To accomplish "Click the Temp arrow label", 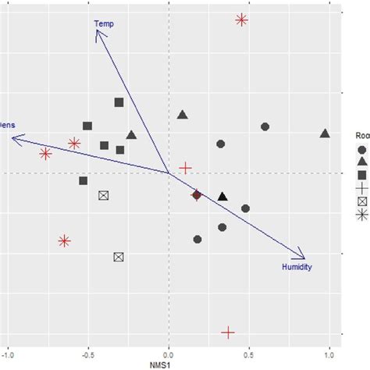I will pyautogui.click(x=104, y=23).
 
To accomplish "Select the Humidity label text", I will pyautogui.click(x=297, y=267).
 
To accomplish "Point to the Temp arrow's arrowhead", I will pyautogui.click(x=97, y=31).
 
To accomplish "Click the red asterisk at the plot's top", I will pyautogui.click(x=242, y=20).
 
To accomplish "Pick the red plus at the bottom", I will pyautogui.click(x=228, y=333).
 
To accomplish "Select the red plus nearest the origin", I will pyautogui.click(x=185, y=168).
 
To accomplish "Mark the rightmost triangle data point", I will pyautogui.click(x=325, y=133).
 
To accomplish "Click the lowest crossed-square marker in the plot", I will pyautogui.click(x=119, y=256).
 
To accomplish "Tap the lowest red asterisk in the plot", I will pyautogui.click(x=65, y=241).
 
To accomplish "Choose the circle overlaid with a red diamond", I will pyautogui.click(x=197, y=195).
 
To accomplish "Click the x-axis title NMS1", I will pyautogui.click(x=169, y=364).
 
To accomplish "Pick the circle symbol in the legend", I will pyautogui.click(x=362, y=148).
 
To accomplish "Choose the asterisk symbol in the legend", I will pyautogui.click(x=362, y=215).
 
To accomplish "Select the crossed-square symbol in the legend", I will pyautogui.click(x=362, y=201).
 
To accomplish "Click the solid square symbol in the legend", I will pyautogui.click(x=362, y=175).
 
